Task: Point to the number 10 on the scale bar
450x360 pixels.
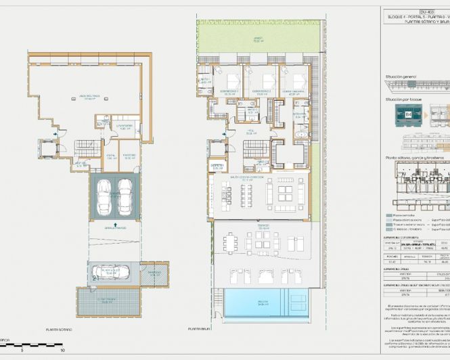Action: click(x=62, y=351)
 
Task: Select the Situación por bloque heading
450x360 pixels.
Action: click(x=405, y=99)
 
